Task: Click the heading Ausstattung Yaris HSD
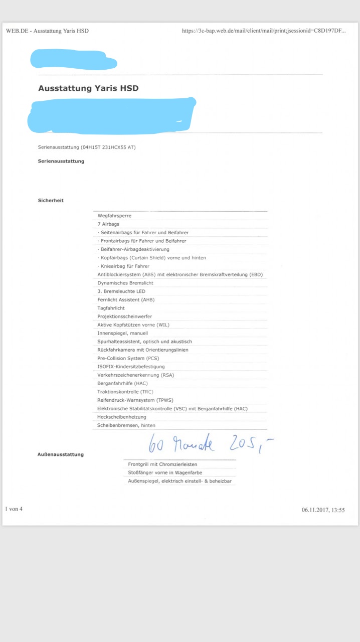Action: click(x=88, y=88)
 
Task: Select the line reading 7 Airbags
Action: click(x=108, y=224)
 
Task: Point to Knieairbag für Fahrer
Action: click(x=124, y=266)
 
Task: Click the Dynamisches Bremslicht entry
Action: click(x=125, y=283)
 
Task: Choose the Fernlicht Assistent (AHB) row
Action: click(x=126, y=300)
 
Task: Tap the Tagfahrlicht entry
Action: click(x=111, y=308)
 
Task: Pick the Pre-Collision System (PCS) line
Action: click(x=128, y=359)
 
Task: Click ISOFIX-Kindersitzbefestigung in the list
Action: click(x=131, y=367)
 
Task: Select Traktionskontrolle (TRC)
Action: click(x=125, y=392)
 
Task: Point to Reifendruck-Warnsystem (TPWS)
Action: click(x=134, y=400)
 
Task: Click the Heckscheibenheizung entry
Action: click(x=122, y=417)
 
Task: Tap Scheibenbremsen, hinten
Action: click(x=126, y=425)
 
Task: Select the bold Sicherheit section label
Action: click(x=51, y=201)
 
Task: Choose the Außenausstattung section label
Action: click(x=61, y=454)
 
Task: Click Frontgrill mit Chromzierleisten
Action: click(x=162, y=464)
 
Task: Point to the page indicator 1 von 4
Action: click(x=14, y=509)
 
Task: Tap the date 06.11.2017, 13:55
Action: click(x=323, y=510)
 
